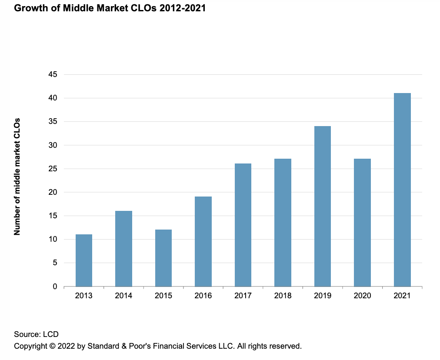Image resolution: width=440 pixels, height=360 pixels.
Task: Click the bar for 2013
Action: coord(83,260)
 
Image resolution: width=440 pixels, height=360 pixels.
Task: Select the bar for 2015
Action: coord(163,258)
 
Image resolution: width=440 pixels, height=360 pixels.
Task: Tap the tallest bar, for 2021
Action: coord(402,190)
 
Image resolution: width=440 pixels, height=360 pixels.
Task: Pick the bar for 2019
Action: coord(323,206)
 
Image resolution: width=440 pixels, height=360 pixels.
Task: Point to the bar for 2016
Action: coord(203,241)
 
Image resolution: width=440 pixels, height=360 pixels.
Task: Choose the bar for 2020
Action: coord(362,223)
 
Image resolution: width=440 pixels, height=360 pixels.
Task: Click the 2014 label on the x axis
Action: coord(123,296)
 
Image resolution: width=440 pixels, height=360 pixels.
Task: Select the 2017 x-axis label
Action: coord(243,296)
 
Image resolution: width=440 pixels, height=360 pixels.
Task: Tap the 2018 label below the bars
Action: coord(283,296)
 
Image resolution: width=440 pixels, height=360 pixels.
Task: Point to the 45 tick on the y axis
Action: coord(53,74)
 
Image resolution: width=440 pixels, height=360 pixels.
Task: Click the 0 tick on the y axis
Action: coord(55,287)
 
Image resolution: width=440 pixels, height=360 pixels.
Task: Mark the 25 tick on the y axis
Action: coord(53,169)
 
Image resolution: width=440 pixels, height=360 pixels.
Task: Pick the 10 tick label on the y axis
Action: coord(53,239)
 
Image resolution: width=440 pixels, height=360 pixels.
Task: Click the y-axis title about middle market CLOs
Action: coord(17,177)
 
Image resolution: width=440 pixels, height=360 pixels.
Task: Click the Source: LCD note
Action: coord(36,334)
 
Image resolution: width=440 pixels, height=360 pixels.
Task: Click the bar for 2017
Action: coord(243,225)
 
